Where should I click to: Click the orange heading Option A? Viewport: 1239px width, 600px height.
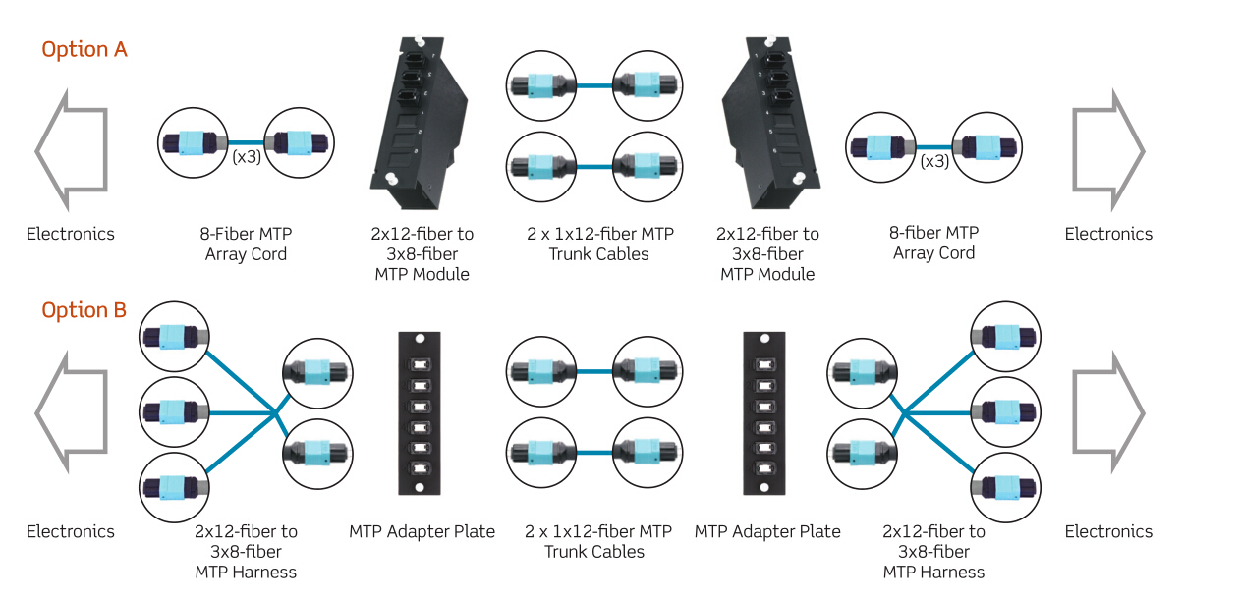coord(84,49)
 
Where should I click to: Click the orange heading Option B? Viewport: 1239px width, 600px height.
coord(84,310)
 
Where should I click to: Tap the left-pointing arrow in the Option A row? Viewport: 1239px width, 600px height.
coord(70,150)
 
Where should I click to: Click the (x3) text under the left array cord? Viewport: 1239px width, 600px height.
coord(247,157)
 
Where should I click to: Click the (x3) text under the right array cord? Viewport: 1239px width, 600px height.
coord(934,160)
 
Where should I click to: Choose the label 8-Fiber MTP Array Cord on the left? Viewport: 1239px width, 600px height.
coord(247,244)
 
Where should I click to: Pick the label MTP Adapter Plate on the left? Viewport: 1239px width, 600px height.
coord(422,531)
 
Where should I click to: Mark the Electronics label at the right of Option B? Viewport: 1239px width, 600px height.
coord(1108,531)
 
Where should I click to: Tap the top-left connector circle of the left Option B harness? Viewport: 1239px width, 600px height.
coord(175,337)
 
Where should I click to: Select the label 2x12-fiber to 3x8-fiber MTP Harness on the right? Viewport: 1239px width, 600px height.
coord(933,551)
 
